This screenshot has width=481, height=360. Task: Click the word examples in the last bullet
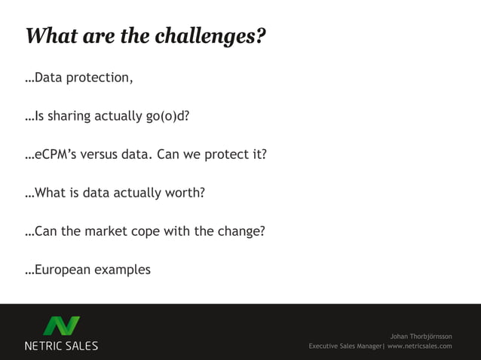coord(122,270)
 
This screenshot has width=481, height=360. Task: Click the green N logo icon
coord(62,326)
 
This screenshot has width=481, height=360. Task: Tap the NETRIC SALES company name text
coord(62,346)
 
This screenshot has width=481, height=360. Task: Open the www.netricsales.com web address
coord(420,346)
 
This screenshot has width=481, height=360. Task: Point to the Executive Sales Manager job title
coord(345,346)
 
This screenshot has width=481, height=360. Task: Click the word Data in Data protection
coord(48,78)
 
